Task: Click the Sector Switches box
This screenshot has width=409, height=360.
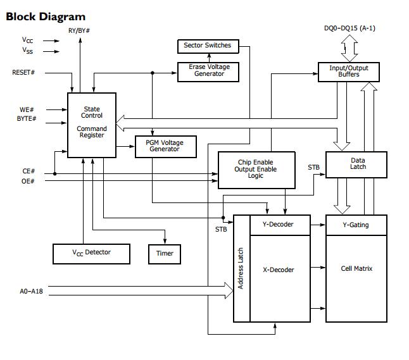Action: click(x=208, y=46)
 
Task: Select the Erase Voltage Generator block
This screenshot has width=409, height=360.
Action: click(x=208, y=72)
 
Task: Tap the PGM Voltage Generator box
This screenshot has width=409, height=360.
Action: click(x=166, y=147)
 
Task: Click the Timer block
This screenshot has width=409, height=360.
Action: click(x=165, y=254)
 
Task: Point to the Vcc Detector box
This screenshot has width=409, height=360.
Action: click(x=91, y=254)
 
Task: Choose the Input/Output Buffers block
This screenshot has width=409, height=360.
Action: click(x=349, y=72)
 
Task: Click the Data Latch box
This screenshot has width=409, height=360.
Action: click(x=356, y=164)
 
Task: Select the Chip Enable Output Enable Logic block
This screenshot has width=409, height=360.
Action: click(x=256, y=170)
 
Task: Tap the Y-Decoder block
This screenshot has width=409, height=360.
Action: click(x=280, y=225)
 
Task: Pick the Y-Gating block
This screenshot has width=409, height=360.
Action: click(x=356, y=225)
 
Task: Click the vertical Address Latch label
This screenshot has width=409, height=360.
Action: click(x=241, y=268)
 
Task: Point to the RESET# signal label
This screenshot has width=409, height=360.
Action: click(x=23, y=73)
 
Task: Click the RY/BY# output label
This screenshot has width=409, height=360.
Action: click(x=79, y=31)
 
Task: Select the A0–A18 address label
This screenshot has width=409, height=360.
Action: click(x=31, y=291)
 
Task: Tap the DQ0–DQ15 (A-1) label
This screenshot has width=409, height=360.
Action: click(x=349, y=28)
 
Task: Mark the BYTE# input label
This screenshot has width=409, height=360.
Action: click(x=27, y=118)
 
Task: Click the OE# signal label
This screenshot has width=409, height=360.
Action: click(x=28, y=181)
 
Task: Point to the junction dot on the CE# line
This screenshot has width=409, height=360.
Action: click(x=55, y=173)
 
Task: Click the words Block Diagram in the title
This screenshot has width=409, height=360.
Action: click(x=46, y=16)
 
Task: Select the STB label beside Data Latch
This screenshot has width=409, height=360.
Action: click(x=313, y=168)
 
